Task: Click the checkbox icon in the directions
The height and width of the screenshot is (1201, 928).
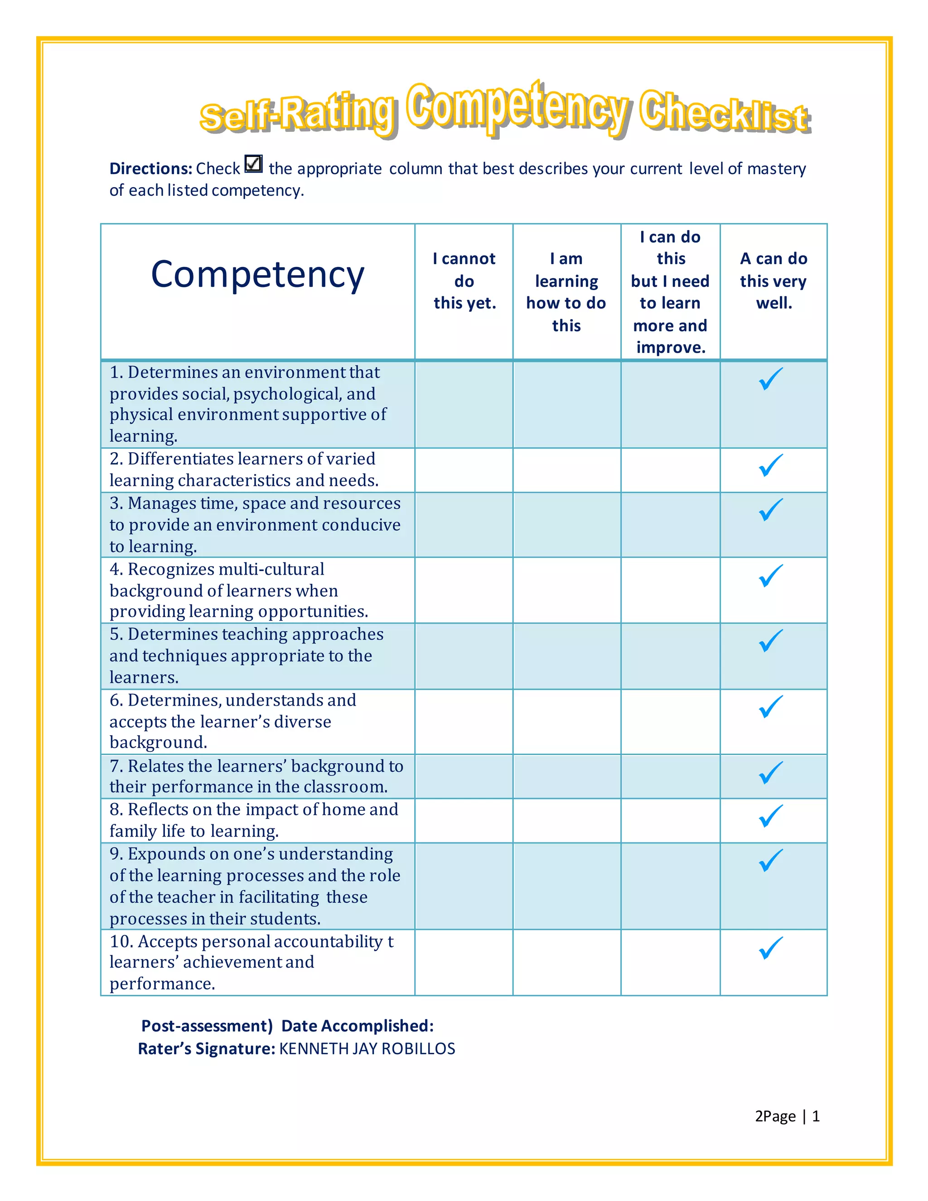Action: [x=253, y=164]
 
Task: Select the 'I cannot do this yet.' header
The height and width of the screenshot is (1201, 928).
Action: [x=464, y=281]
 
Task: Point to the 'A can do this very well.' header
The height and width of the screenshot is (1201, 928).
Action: [x=773, y=281]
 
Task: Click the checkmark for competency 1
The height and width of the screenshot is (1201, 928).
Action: [x=771, y=379]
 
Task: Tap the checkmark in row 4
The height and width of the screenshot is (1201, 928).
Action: [x=771, y=576]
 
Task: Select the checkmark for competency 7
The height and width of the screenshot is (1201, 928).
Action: [x=771, y=773]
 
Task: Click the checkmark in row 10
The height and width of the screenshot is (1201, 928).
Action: [x=771, y=948]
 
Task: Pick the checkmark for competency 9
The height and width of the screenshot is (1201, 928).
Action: [x=771, y=861]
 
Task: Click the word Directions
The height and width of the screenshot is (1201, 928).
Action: [x=150, y=169]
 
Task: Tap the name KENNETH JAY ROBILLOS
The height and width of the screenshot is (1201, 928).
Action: [x=367, y=1049]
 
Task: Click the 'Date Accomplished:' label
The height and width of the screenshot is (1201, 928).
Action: [x=358, y=1026]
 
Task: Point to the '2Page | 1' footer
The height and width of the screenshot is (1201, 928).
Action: [x=787, y=1116]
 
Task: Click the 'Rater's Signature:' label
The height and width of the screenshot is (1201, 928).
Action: [x=206, y=1049]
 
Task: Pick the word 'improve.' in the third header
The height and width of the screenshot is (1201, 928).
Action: [x=671, y=348]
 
